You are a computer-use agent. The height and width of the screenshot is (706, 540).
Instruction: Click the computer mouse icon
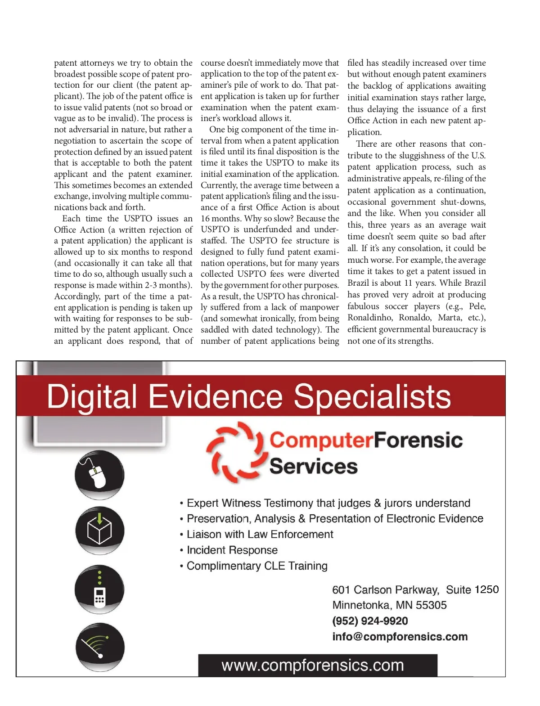click(x=99, y=475)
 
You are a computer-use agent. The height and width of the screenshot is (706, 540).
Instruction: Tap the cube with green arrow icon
click(x=99, y=530)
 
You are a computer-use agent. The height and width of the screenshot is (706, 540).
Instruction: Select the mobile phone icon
click(x=99, y=590)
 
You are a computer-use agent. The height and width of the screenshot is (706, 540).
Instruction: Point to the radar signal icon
click(x=99, y=647)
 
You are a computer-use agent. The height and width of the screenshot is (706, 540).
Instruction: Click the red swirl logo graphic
click(x=234, y=452)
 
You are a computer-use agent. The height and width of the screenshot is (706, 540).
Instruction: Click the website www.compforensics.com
click(x=313, y=665)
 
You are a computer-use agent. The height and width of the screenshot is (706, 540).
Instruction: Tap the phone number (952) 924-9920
click(x=370, y=621)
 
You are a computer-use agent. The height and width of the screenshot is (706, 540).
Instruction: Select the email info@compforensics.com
click(x=400, y=637)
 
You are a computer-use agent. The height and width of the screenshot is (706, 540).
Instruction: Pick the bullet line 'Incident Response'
click(x=232, y=550)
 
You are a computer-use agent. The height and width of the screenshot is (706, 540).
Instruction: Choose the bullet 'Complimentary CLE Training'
click(x=256, y=566)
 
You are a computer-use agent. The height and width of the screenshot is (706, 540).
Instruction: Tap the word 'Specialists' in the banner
click(x=372, y=396)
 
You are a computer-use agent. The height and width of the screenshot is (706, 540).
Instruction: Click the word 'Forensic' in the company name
click(x=418, y=440)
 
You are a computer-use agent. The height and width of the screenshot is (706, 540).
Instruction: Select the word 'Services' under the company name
click(x=313, y=466)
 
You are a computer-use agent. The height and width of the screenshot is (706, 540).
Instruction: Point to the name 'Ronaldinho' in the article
click(x=370, y=318)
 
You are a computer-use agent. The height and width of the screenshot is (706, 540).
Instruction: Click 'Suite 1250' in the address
click(x=472, y=589)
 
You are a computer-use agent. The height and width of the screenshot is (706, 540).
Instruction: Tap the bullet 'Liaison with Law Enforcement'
click(x=260, y=534)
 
